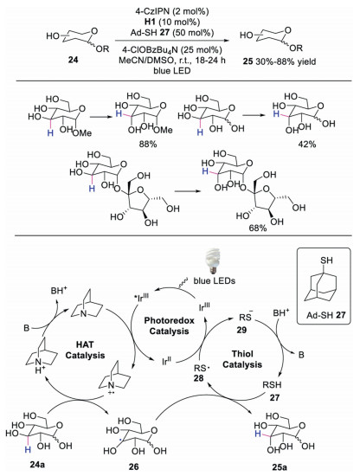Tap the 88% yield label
(x=148, y=144)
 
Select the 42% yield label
(x=307, y=144)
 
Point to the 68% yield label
(x=258, y=228)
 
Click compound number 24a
(x=37, y=465)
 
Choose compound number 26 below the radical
(x=133, y=466)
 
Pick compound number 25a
(x=280, y=466)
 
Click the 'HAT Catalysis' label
(x=85, y=350)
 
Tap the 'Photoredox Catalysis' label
(x=169, y=325)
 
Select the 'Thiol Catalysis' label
(x=242, y=359)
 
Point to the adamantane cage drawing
(x=323, y=283)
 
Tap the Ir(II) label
(x=167, y=361)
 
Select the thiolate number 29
(x=241, y=330)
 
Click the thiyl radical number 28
(x=198, y=378)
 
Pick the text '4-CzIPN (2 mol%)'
(x=172, y=11)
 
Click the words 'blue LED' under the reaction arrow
(x=172, y=70)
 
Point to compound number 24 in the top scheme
(x=73, y=60)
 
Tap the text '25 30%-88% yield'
(x=280, y=61)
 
